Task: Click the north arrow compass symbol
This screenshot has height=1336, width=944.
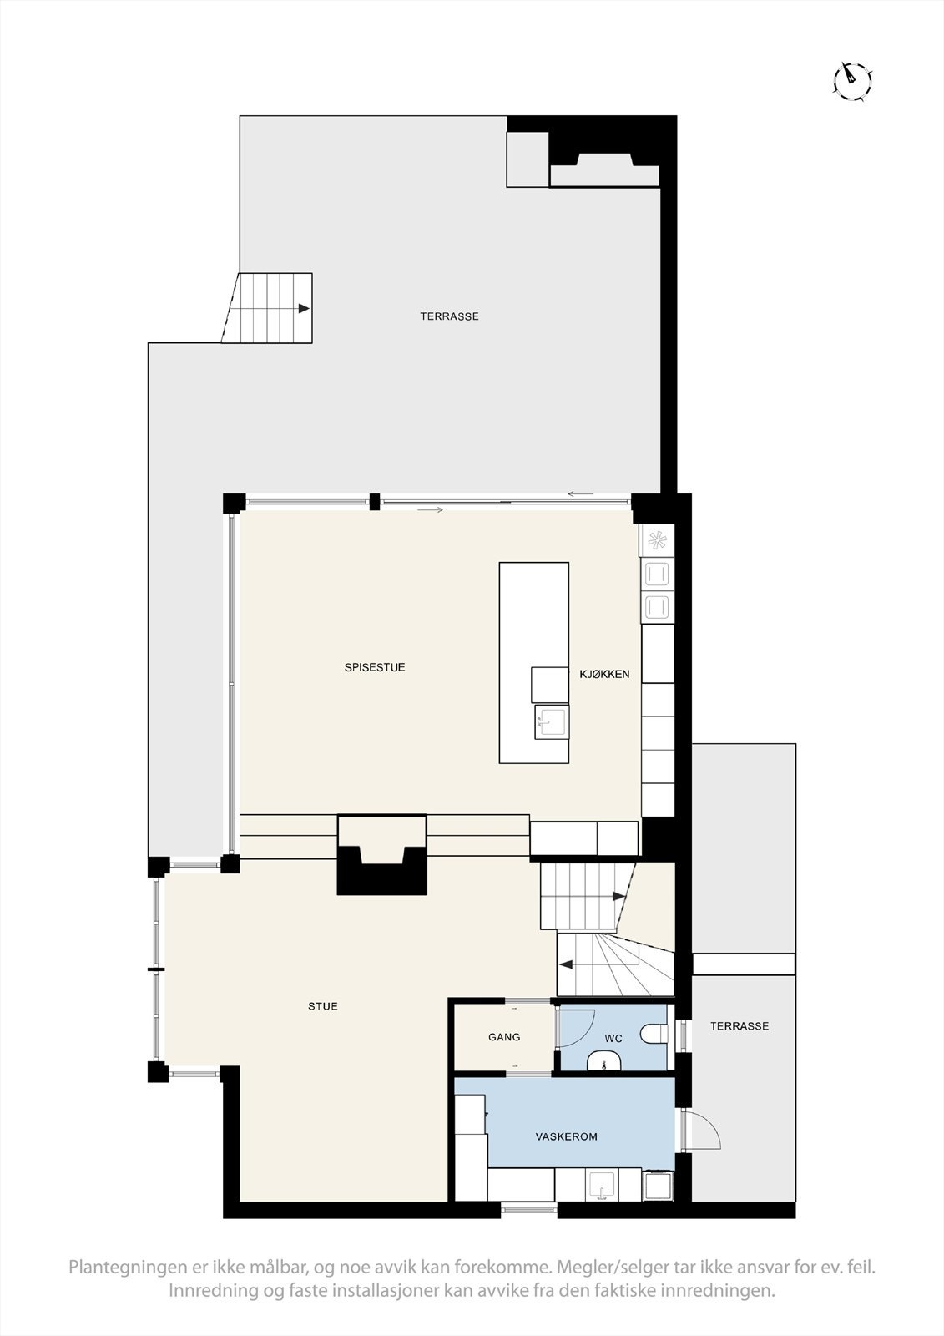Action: click(853, 80)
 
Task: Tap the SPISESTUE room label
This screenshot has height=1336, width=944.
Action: click(375, 667)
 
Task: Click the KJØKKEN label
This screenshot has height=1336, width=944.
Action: click(604, 674)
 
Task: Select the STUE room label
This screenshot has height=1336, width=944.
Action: click(323, 1006)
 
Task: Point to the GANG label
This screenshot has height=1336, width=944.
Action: click(504, 1037)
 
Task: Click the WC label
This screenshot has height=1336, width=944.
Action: click(613, 1039)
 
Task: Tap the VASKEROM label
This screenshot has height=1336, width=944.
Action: click(566, 1136)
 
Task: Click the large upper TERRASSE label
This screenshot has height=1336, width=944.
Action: click(449, 316)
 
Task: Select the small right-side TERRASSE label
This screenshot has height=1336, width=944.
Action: click(739, 1026)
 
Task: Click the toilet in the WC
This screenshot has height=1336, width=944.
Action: click(656, 1035)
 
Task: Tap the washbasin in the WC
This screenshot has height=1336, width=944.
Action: click(603, 1062)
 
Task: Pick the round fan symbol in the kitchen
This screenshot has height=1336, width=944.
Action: click(657, 541)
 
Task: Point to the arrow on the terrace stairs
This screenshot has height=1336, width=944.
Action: click(304, 308)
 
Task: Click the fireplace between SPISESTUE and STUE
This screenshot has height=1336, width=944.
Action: click(381, 860)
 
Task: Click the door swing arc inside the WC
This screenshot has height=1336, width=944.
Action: click(578, 1025)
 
